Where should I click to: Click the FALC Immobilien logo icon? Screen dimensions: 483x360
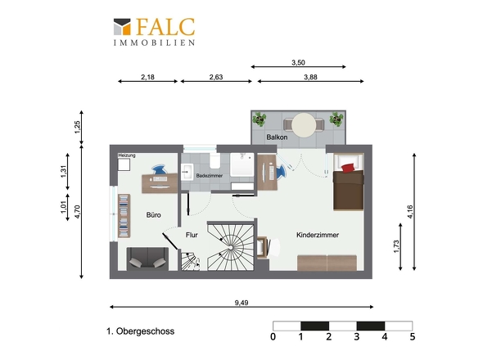click(x=122, y=26)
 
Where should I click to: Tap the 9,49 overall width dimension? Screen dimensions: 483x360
click(x=241, y=303)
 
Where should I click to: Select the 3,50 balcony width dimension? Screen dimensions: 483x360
click(x=298, y=63)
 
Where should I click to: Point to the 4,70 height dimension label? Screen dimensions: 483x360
click(x=77, y=212)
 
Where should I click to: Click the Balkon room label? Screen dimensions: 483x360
click(x=277, y=137)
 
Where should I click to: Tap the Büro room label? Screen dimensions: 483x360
click(x=153, y=215)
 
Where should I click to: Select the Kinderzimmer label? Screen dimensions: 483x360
click(x=318, y=235)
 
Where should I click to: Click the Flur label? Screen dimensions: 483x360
click(x=192, y=235)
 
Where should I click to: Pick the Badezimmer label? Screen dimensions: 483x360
click(x=209, y=176)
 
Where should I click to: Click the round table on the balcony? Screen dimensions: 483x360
click(x=304, y=125)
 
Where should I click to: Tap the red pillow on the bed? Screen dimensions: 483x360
click(x=348, y=168)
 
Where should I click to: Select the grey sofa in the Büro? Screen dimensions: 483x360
click(x=147, y=259)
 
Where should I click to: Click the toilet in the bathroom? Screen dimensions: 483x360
click(x=214, y=161)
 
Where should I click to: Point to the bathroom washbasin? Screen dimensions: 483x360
click(x=187, y=172)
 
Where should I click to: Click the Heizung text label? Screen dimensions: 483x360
click(x=127, y=155)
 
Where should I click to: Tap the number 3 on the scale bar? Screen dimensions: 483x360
click(x=357, y=336)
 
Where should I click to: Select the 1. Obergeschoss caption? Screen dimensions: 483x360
click(x=141, y=331)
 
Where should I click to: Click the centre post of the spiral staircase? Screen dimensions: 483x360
click(x=231, y=247)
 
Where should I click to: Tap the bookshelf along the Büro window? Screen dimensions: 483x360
click(x=124, y=216)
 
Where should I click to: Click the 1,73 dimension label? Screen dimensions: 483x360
click(x=396, y=246)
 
